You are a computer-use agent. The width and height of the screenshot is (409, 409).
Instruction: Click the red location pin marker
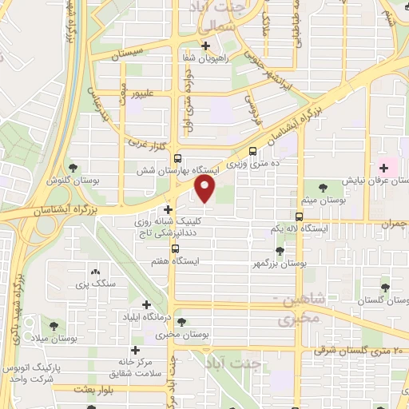click(205, 189)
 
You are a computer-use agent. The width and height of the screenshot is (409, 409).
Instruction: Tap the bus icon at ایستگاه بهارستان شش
click(177, 158)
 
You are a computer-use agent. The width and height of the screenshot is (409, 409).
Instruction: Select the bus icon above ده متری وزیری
click(252, 151)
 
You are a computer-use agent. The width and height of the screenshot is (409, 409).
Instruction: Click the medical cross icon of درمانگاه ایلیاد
click(146, 304)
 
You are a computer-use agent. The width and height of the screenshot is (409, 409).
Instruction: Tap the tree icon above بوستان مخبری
click(183, 323)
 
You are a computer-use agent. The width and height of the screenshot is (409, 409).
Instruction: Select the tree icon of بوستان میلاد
click(54, 327)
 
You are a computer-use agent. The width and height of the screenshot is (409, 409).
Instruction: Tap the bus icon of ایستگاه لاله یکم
click(300, 217)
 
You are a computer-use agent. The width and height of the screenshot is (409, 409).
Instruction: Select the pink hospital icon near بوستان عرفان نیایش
click(384, 168)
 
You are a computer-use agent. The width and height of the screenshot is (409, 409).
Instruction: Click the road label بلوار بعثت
click(90, 389)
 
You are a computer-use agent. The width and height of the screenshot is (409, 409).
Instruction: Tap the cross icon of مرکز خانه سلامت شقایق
click(134, 350)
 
